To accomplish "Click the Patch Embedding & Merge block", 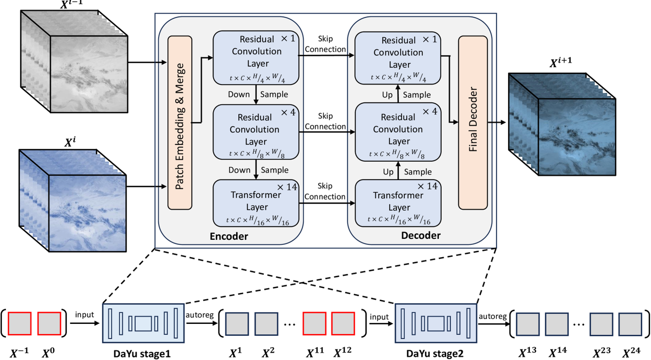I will [x=180, y=122].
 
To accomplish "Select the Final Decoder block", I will [x=472, y=122].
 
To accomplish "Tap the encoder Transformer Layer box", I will [x=256, y=202].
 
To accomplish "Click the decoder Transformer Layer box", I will [x=399, y=202].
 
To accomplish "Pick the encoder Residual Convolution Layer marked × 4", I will [x=256, y=130].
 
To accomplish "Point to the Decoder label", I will [x=421, y=236].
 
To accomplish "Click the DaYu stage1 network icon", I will [x=143, y=323].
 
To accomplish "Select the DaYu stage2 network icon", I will [x=436, y=323].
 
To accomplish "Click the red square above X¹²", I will [x=343, y=323].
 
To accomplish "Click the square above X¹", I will [x=237, y=323].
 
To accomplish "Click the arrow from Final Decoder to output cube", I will [x=497, y=122].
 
